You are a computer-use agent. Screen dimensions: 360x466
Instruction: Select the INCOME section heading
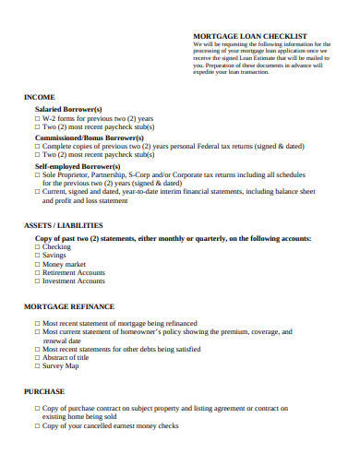pyautogui.click(x=40, y=97)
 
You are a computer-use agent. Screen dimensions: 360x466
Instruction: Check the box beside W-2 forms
pyautogui.click(x=38, y=118)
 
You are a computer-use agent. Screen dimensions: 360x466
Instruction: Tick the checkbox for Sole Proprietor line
pyautogui.click(x=38, y=173)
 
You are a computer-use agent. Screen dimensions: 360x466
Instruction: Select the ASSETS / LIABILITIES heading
pyautogui.click(x=63, y=225)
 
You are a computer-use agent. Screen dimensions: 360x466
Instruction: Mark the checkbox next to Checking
pyautogui.click(x=38, y=247)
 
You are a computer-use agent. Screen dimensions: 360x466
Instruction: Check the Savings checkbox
pyautogui.click(x=38, y=256)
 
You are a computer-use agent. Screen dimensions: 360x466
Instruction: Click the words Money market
pyautogui.click(x=65, y=264)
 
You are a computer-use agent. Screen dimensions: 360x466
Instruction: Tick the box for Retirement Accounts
pyautogui.click(x=38, y=273)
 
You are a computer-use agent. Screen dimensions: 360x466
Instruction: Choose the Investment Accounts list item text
pyautogui.click(x=74, y=281)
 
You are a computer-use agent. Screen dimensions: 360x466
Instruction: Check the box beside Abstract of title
pyautogui.click(x=38, y=357)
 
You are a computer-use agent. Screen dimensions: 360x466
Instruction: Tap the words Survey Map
pyautogui.click(x=61, y=365)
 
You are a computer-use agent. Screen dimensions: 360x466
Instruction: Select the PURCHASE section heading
pyautogui.click(x=44, y=391)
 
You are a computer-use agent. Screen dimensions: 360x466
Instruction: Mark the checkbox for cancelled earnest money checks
pyautogui.click(x=38, y=425)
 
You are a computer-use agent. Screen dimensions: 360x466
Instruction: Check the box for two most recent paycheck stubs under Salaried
pyautogui.click(x=38, y=126)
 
